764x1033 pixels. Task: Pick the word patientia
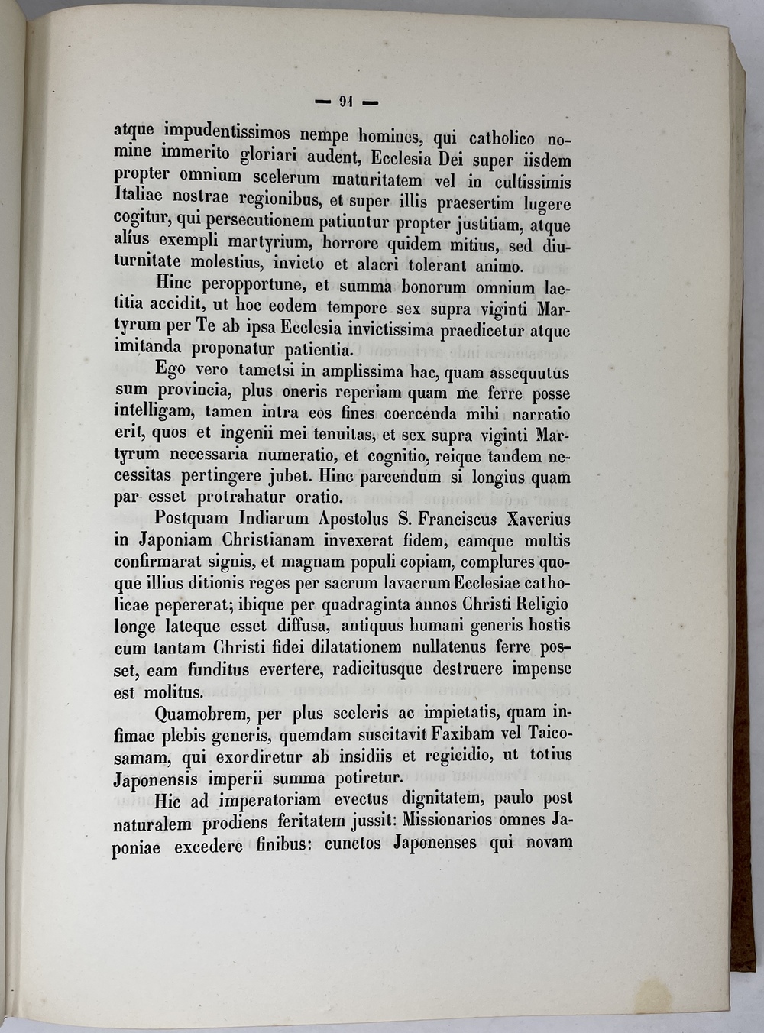click(316, 351)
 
